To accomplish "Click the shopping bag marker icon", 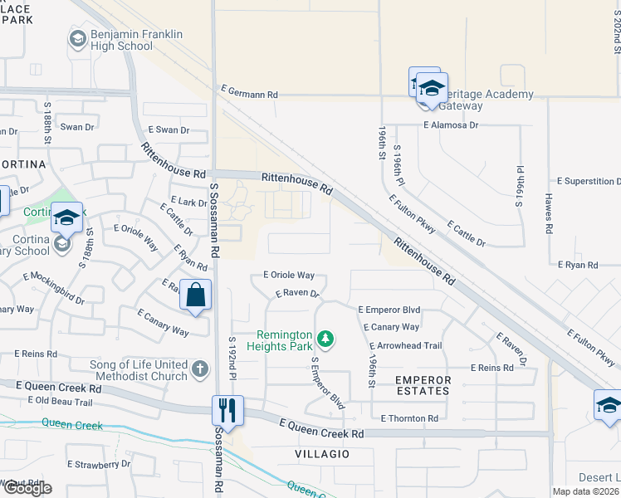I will pyautogui.click(x=195, y=295).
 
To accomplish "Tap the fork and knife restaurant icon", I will pyautogui.click(x=227, y=410).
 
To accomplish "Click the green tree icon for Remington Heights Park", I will pyautogui.click(x=326, y=339).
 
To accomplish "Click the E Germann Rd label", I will pyautogui.click(x=249, y=95).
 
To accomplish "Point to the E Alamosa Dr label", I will pyautogui.click(x=451, y=124).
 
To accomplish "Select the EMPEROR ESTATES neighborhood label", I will pyautogui.click(x=423, y=386).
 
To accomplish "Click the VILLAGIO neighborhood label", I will pyautogui.click(x=321, y=455).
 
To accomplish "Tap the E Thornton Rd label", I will pyautogui.click(x=409, y=418).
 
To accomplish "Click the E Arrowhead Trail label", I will pyautogui.click(x=405, y=345).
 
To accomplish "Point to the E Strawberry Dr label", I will pyautogui.click(x=99, y=464).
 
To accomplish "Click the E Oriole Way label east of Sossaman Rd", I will pyautogui.click(x=288, y=275).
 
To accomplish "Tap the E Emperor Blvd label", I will pyautogui.click(x=389, y=310).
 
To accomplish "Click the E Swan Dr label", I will pyautogui.click(x=169, y=130).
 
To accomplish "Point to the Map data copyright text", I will pyautogui.click(x=586, y=491).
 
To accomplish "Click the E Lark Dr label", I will pyautogui.click(x=188, y=202).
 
